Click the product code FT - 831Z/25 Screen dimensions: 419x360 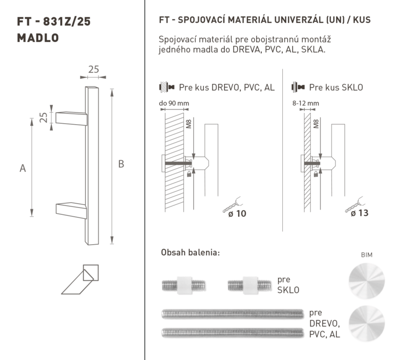coord(54,21)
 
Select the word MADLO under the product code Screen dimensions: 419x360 coord(38,38)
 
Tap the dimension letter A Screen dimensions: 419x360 coord(23,168)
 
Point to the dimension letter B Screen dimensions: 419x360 coord(121,164)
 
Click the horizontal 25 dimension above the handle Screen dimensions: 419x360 coord(94,70)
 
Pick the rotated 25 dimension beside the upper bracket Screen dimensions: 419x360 coord(43,117)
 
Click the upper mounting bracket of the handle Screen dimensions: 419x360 coord(71,118)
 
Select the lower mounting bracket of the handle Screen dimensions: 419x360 coord(71,210)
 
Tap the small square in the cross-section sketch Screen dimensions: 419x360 coord(91,272)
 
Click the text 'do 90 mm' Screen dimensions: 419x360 coord(174,103)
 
